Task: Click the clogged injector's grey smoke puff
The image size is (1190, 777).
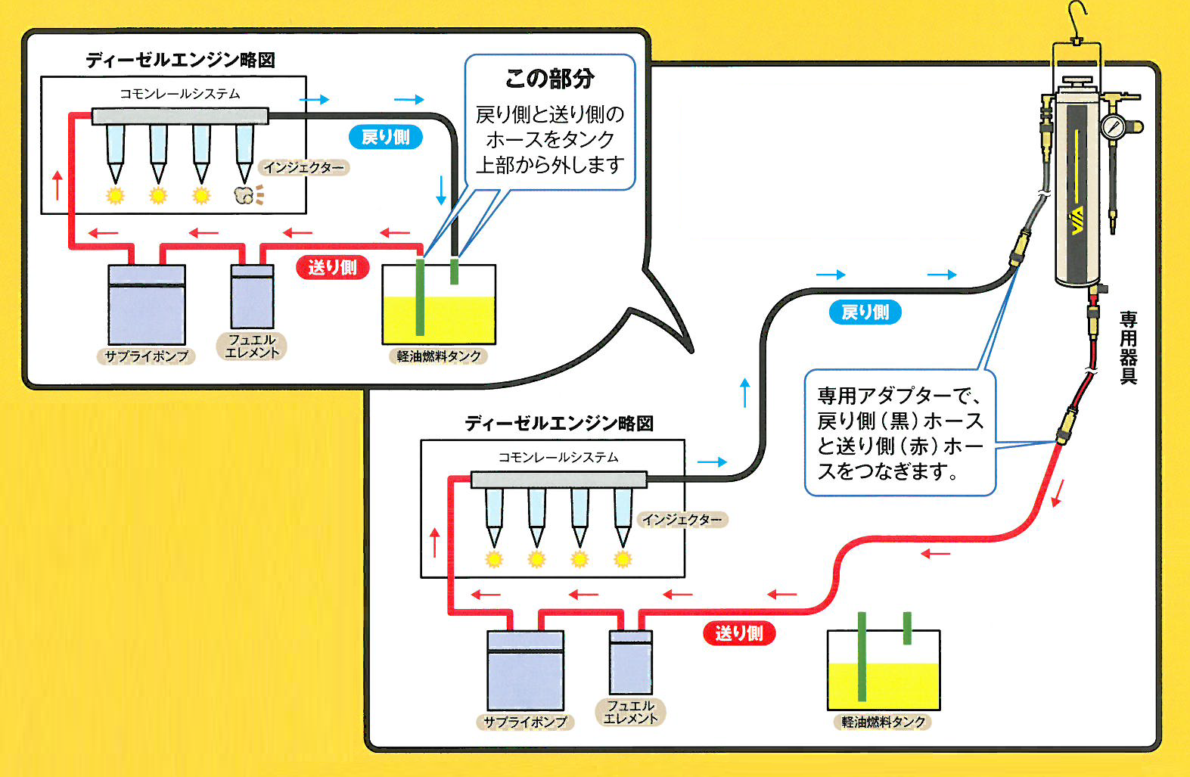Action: click(x=244, y=195)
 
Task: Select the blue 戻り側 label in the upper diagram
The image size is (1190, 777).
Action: click(x=385, y=137)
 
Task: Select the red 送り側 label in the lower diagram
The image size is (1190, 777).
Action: click(x=738, y=633)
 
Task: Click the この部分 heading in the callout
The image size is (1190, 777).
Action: click(x=549, y=78)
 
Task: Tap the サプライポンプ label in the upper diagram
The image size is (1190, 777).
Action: click(x=146, y=356)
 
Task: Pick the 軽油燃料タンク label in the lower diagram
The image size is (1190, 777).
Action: click(x=884, y=722)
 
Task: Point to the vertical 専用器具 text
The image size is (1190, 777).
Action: click(x=1128, y=348)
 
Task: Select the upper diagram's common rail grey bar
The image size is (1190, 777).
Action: click(x=180, y=116)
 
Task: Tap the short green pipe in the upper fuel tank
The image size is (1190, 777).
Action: click(x=454, y=271)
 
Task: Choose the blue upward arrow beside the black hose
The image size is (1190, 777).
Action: click(x=745, y=393)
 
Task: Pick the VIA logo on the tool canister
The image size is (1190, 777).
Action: click(x=1077, y=220)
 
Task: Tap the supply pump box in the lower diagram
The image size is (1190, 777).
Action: click(x=525, y=670)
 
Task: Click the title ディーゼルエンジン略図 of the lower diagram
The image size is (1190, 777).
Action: click(x=558, y=423)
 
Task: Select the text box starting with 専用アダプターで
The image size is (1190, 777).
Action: click(x=899, y=434)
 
